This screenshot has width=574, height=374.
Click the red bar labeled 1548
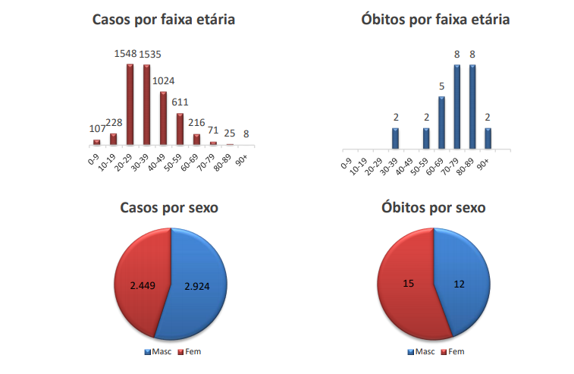130,104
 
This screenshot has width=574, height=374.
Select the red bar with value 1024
163,118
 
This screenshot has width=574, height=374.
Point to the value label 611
180,102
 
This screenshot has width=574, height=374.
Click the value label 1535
148,54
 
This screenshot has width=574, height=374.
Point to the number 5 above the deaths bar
442,86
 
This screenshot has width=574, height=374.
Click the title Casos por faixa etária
163,20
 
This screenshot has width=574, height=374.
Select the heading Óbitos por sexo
434,207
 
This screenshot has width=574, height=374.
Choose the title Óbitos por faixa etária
435,20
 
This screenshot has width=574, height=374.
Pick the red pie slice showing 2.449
141,285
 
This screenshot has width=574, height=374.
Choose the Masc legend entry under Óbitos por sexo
421,352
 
